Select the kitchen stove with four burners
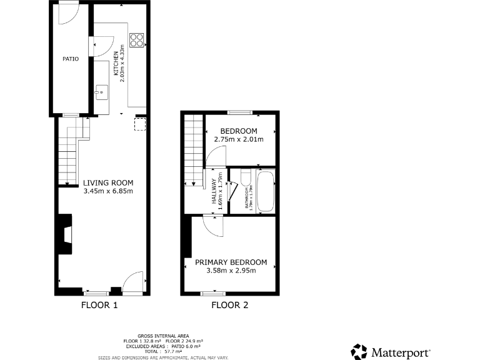[x=136, y=41]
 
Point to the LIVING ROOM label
[x=108, y=182]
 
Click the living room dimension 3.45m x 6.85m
[x=108, y=191]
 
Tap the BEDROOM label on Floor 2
[x=238, y=131]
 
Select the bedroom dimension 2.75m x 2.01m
[x=238, y=139]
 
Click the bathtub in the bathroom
[x=264, y=191]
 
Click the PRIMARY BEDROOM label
[x=231, y=262]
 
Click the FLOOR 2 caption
[x=229, y=306]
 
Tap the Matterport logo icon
[x=359, y=351]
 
